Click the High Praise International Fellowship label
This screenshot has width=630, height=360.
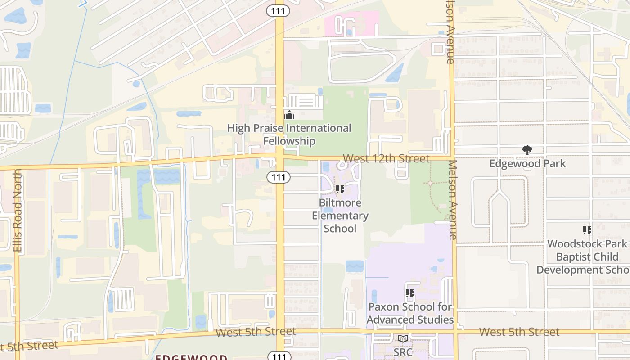click(x=289, y=135)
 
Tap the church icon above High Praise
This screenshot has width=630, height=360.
click(x=289, y=115)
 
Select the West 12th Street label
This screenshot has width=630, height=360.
click(x=386, y=158)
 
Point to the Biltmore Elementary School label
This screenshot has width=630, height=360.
click(x=340, y=216)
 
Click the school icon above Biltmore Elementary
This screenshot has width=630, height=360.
click(x=340, y=189)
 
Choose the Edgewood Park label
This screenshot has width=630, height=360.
click(x=527, y=163)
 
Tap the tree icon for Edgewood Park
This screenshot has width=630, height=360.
click(x=527, y=150)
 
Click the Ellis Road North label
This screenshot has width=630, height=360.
click(x=18, y=211)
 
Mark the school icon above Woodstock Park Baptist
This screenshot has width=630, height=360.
click(x=587, y=230)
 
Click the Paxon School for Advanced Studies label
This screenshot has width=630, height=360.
click(x=410, y=313)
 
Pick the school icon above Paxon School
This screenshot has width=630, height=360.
click(x=409, y=293)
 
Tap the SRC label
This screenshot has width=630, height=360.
click(x=403, y=352)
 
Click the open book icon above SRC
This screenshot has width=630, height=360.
click(x=403, y=338)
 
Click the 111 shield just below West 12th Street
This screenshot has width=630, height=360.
click(x=279, y=177)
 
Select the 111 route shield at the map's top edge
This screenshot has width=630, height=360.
click(x=278, y=11)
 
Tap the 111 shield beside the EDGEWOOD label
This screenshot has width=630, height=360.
click(x=279, y=356)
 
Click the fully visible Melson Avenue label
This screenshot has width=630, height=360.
click(x=452, y=200)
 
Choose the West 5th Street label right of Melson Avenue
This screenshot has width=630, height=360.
click(x=519, y=332)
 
